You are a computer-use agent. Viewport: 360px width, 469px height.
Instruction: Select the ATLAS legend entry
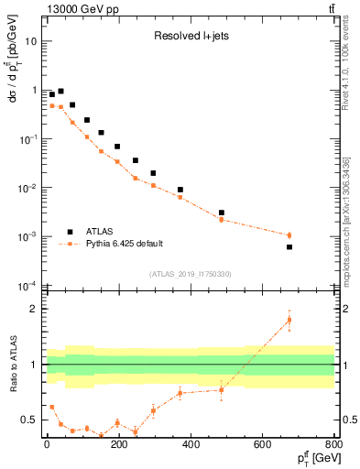point(102,230)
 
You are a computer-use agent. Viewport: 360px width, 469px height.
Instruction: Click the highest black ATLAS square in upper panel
point(60,92)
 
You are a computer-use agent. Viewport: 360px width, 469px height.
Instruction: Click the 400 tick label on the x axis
point(191,444)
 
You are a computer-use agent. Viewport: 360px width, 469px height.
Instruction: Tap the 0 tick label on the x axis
point(47,444)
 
